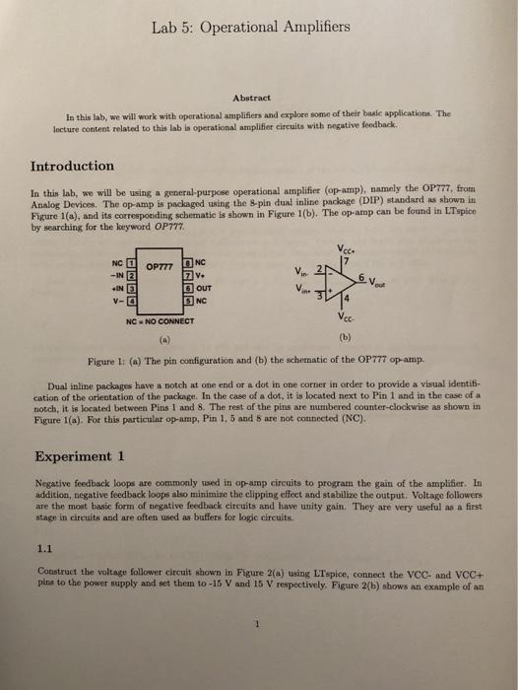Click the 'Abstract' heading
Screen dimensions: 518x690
(258, 97)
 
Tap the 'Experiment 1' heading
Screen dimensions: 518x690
(79, 456)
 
